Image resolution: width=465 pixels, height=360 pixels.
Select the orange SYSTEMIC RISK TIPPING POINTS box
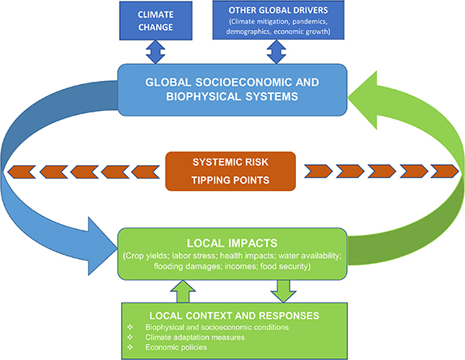pyautogui.click(x=232, y=172)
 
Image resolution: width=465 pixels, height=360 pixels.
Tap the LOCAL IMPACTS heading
pyautogui.click(x=232, y=241)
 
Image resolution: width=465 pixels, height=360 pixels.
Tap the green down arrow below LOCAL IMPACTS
pyautogui.click(x=281, y=287)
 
